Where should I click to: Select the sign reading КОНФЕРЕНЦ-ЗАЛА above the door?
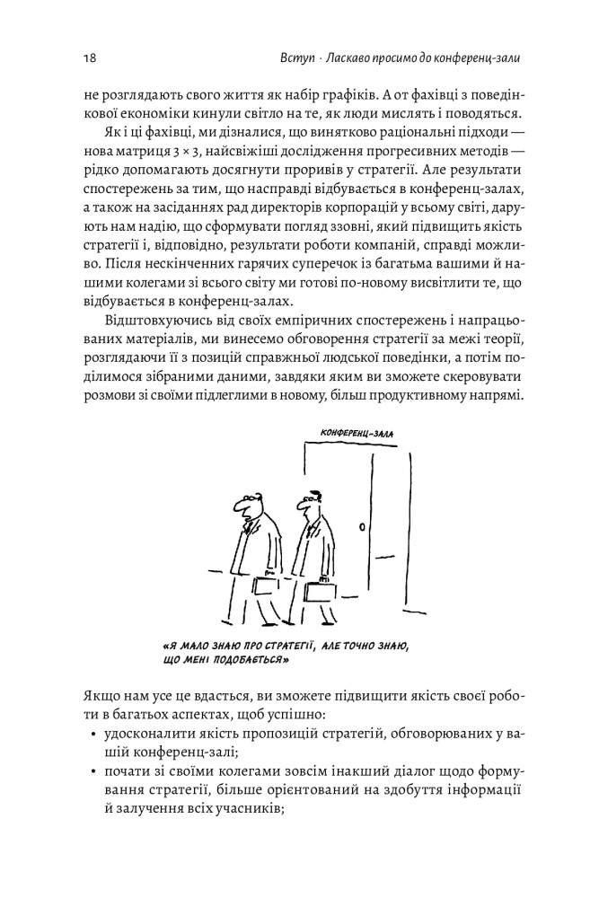pos(357,433)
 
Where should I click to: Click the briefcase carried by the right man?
pos(321,592)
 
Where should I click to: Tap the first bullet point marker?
pos(95,735)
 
